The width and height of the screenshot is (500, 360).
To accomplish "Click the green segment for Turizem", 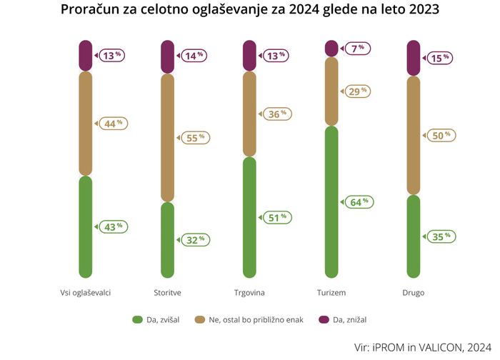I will tap(331, 201).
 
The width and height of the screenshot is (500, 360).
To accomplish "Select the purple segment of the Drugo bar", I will tap(413, 58).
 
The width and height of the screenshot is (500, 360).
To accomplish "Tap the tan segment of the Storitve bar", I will tap(167, 137).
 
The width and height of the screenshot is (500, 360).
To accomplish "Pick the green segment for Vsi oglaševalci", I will tap(86, 226).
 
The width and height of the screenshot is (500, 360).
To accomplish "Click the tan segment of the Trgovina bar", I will tap(249, 114).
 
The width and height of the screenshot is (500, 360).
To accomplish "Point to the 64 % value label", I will tap(359, 202).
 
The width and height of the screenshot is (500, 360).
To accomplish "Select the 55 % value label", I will tap(194, 138).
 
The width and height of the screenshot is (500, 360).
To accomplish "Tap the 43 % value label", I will tap(112, 227).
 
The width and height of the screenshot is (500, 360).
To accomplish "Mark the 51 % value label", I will tap(276, 217).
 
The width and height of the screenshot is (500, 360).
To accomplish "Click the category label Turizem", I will tap(331, 293).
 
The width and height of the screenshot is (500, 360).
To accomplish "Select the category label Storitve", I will tap(167, 293).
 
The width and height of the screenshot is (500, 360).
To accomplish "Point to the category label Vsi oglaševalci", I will tap(85, 293).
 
